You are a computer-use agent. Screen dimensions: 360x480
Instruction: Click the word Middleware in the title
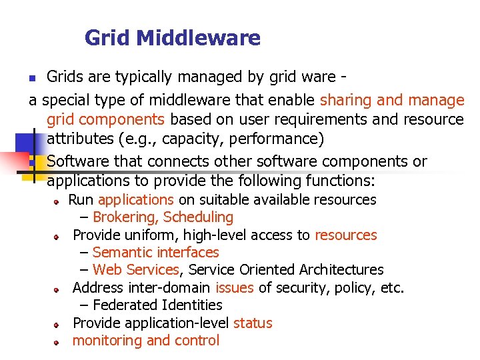pos(198,38)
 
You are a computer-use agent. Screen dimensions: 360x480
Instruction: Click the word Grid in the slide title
pos(107,38)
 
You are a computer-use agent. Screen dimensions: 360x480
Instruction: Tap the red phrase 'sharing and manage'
pos(392,101)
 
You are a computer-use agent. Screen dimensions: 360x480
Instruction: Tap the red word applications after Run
pos(136,200)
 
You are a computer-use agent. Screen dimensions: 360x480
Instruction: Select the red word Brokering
pos(125,217)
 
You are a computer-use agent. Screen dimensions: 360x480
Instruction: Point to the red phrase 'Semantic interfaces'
pos(156,253)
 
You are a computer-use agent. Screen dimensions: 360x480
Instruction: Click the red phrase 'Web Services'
pos(136,270)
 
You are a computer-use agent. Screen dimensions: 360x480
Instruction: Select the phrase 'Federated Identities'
pos(157,305)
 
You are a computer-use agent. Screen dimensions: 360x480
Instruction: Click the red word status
pos(253,323)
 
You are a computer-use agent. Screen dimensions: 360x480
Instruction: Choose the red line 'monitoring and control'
pos(145,341)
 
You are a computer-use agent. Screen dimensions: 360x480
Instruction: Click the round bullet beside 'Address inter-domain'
pos(58,289)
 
